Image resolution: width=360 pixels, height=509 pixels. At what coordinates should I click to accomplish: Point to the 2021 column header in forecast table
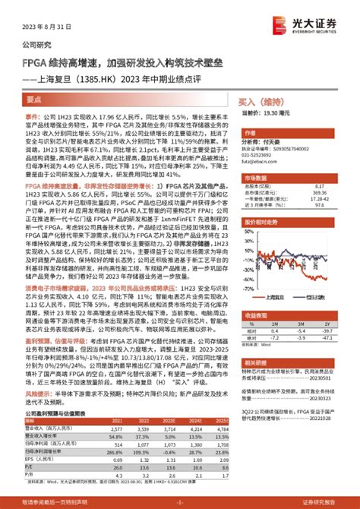pos(117,419)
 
